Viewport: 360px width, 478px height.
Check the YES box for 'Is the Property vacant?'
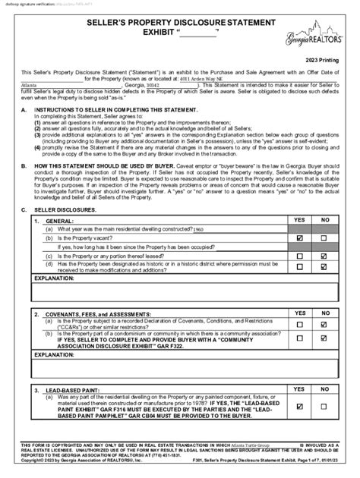tap(299, 237)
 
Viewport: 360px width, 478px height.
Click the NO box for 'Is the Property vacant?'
tap(324, 237)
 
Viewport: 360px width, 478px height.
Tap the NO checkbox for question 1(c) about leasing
tap(324, 256)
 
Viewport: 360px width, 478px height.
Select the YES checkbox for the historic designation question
tap(299, 266)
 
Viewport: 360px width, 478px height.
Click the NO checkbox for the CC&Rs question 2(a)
tap(324, 324)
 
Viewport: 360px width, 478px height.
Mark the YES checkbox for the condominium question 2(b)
tap(299, 339)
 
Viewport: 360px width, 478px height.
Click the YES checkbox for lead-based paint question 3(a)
tap(299, 406)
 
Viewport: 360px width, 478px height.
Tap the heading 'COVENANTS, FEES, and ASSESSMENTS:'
tap(98, 313)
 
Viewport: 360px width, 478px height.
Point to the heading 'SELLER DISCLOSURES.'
tap(63, 209)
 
